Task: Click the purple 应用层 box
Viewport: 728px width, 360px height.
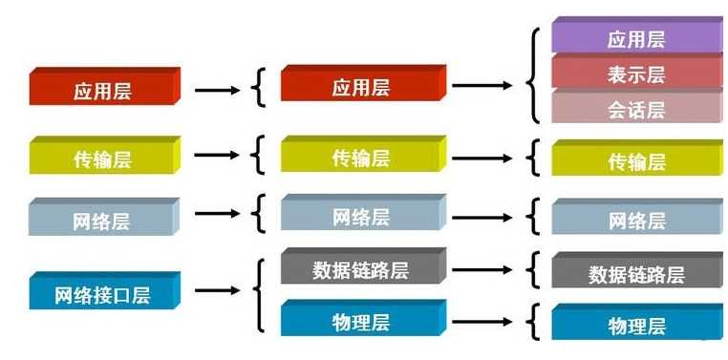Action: [636, 39]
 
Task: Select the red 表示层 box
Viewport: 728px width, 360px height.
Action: [636, 74]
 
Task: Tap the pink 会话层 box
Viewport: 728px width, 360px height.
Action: [636, 109]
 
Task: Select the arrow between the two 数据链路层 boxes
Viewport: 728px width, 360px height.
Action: [486, 269]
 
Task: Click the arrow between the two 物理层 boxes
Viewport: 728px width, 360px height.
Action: [486, 322]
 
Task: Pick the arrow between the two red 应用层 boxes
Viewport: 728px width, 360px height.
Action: [218, 90]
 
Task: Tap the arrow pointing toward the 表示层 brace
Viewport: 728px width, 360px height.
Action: [486, 85]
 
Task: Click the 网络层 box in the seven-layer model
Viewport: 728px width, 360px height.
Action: [636, 221]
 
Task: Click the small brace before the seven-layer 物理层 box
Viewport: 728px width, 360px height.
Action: [533, 323]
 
